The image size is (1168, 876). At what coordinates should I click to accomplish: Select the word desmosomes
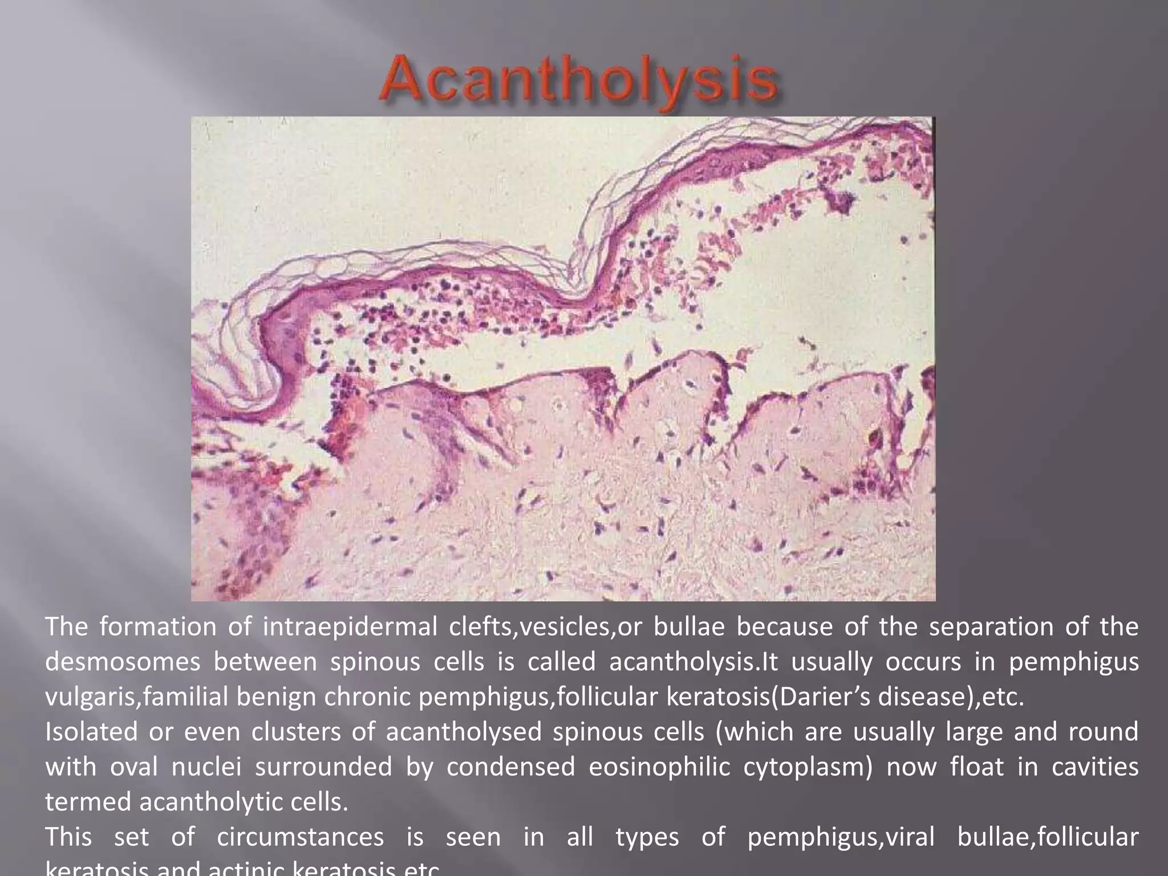coord(123,662)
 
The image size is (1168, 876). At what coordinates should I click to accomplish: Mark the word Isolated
coord(91,732)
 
